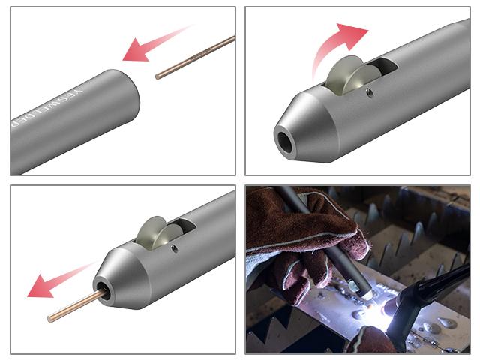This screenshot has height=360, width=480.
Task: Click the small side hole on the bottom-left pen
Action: (175, 248)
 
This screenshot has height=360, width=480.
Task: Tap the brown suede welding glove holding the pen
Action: (292, 232)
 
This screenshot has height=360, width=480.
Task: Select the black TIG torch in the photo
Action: (427, 289)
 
